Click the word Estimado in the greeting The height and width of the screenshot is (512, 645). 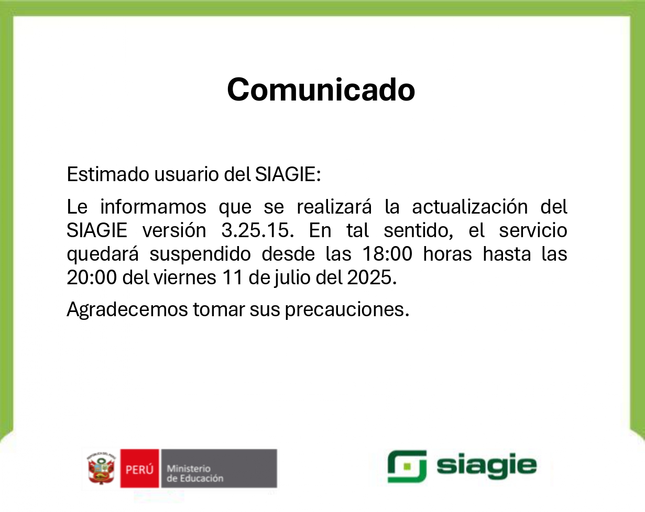click(x=108, y=174)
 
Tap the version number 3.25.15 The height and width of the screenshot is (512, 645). click(x=257, y=230)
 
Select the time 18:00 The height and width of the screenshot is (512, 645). click(x=387, y=254)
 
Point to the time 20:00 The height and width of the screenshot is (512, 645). click(x=92, y=277)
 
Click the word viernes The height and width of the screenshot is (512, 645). click(x=185, y=277)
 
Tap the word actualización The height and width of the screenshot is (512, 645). click(x=470, y=206)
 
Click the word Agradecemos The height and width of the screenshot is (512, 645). click(x=127, y=309)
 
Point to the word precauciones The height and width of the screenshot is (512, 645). click(x=347, y=310)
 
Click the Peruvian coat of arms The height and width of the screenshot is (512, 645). click(x=101, y=468)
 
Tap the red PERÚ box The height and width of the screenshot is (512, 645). click(x=140, y=468)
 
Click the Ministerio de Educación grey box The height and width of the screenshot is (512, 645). click(x=219, y=468)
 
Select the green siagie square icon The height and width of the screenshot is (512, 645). click(x=407, y=466)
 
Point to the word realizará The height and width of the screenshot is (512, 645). click(x=334, y=206)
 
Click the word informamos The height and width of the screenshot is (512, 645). click(x=153, y=206)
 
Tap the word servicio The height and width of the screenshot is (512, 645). click(x=533, y=230)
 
